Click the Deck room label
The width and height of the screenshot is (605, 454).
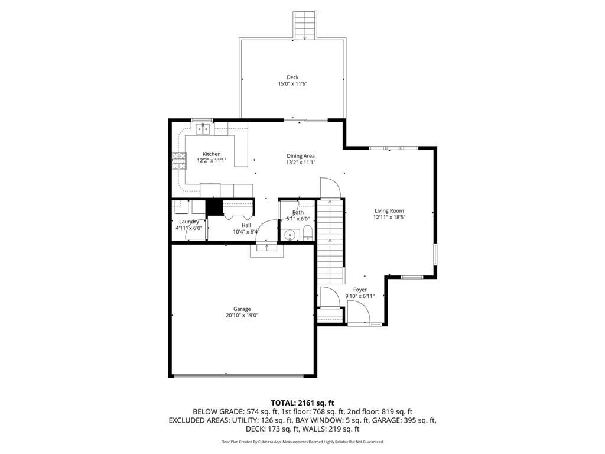pos(292,77)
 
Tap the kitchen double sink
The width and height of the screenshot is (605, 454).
pos(204,128)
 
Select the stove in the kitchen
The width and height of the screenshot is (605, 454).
pos(179,161)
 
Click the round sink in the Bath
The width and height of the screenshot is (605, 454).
pos(289,235)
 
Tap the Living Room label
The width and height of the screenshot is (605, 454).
pos(389,210)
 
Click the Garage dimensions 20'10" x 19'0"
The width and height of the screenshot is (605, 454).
pos(242,316)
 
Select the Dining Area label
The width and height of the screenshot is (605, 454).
pos(300,155)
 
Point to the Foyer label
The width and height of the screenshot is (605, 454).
pos(360,290)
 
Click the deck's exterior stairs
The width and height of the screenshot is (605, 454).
pos(305,25)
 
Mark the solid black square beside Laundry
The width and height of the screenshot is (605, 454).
pos(213,208)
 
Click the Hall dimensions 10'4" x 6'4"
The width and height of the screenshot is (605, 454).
pos(246,232)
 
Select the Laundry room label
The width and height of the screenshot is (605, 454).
pos(189,222)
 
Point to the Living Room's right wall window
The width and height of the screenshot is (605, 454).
pos(435,252)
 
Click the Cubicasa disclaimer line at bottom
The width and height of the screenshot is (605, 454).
pos(302,442)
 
